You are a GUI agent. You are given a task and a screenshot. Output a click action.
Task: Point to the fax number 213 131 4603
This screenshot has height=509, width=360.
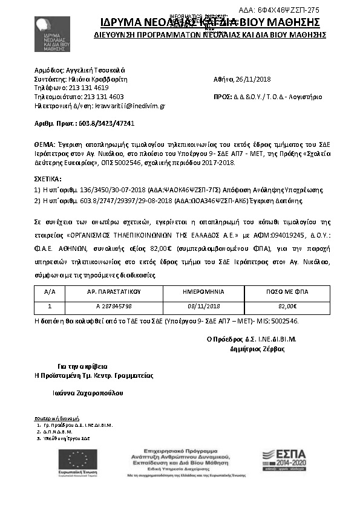click(103, 96)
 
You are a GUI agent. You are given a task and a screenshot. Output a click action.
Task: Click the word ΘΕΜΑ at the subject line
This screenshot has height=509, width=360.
click(44, 146)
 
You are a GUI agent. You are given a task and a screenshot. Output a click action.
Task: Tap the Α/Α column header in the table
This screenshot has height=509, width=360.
click(50, 291)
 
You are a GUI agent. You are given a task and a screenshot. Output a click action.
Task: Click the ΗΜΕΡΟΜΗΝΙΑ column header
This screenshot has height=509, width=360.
click(204, 291)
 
